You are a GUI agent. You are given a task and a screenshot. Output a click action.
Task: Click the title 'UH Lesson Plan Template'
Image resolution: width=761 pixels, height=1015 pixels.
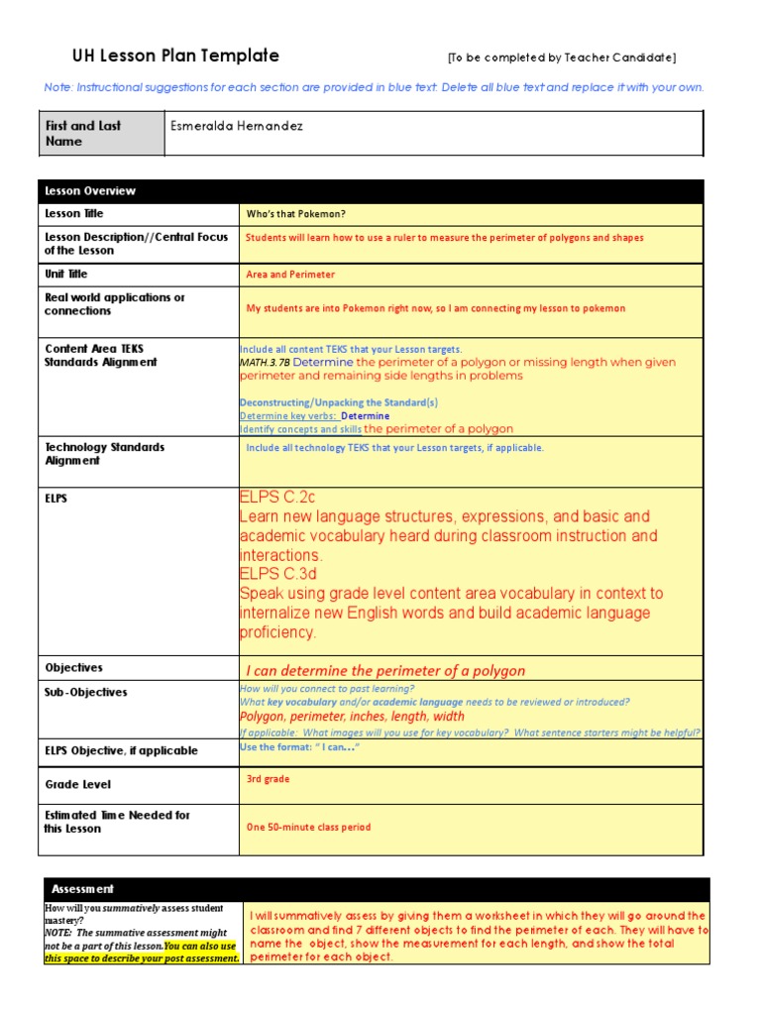[x=175, y=56]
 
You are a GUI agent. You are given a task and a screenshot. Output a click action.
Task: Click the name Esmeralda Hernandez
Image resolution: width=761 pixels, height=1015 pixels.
[x=237, y=127]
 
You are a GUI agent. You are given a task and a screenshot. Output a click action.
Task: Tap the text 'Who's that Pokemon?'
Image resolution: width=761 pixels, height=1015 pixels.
[x=295, y=214]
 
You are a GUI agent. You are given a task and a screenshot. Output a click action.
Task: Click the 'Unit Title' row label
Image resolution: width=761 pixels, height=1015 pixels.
[x=66, y=274]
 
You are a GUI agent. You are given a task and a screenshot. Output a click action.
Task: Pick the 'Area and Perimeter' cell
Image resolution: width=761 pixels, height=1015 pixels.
[x=290, y=275]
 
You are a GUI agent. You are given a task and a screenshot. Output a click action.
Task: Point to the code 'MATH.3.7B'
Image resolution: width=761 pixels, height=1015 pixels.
[x=265, y=363]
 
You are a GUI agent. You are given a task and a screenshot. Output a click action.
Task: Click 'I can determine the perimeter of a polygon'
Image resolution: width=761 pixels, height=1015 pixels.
[x=385, y=671]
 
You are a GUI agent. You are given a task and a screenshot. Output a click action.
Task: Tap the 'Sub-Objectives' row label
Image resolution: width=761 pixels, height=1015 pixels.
[x=86, y=692]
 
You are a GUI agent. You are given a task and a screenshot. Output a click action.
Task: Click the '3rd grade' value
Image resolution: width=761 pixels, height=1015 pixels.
[x=268, y=779]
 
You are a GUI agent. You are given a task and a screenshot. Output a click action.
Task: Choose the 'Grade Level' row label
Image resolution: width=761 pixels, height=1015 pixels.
[x=77, y=784]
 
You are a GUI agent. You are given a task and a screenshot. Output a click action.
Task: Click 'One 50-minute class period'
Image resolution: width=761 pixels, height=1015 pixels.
[x=308, y=828]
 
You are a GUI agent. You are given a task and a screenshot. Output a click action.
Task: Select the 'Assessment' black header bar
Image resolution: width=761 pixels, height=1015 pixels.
[x=82, y=889]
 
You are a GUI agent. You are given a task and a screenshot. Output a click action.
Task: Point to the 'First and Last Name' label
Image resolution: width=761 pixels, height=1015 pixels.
[x=83, y=133]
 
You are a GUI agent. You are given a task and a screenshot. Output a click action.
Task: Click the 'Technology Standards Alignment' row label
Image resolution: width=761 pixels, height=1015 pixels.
[x=104, y=454]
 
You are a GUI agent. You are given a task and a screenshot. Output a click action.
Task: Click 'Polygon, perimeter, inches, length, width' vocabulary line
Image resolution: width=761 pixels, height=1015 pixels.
[x=352, y=717]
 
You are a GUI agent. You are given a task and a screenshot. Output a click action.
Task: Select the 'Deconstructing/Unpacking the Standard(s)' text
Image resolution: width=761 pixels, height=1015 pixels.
[x=338, y=402]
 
